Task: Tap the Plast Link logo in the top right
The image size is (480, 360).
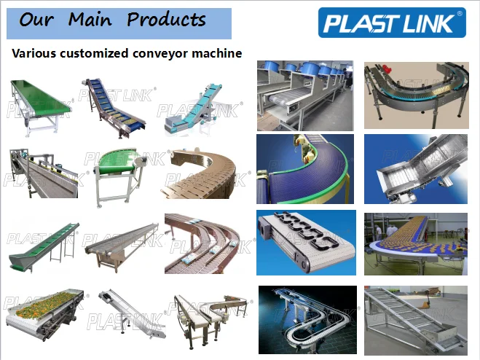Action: [392, 23]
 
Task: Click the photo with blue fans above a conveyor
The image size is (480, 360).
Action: [305, 94]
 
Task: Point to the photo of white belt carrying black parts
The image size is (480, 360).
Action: [305, 240]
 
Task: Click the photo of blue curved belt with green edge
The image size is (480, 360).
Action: [305, 167]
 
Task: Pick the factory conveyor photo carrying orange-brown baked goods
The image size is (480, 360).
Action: [416, 240]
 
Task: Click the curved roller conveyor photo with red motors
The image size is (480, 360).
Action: [416, 94]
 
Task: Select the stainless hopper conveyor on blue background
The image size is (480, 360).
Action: [416, 167]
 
